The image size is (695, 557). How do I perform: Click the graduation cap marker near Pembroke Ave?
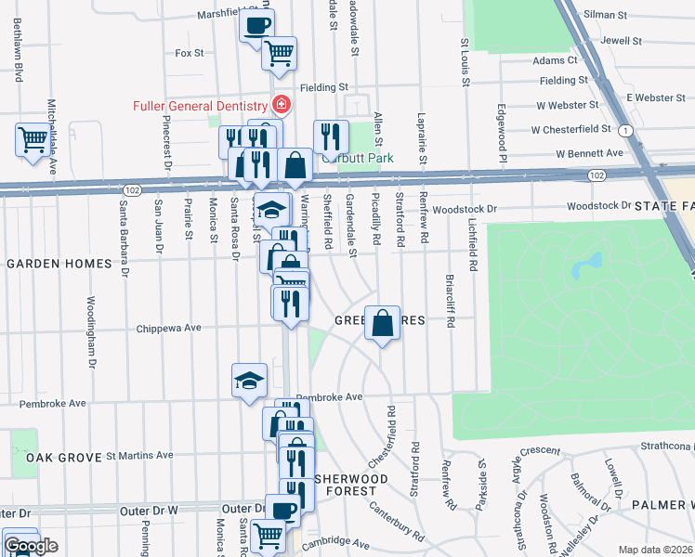click(x=249, y=380)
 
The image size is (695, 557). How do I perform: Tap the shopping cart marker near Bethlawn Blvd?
click(x=33, y=140)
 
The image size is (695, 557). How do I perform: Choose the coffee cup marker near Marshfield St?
click(x=257, y=25)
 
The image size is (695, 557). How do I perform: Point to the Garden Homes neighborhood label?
click(x=59, y=264)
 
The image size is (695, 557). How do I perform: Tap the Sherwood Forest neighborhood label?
click(x=345, y=484)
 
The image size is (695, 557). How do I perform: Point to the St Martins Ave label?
click(x=139, y=455)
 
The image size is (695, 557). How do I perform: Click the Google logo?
click(x=30, y=547)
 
